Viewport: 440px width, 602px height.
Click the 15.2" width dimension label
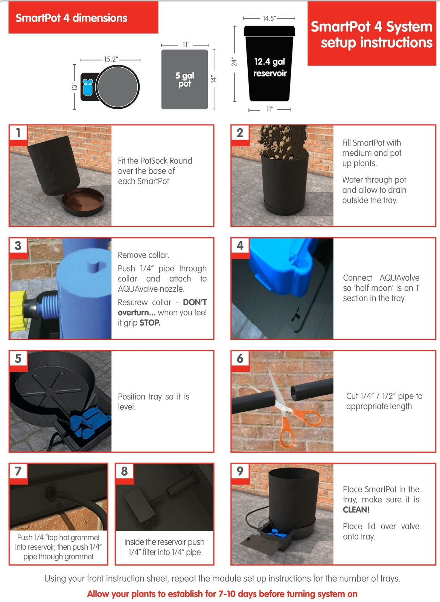click(x=111, y=59)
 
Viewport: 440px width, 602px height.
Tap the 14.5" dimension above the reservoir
click(x=269, y=18)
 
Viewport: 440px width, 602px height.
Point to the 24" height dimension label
click(x=234, y=62)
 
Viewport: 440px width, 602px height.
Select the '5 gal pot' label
click(x=185, y=79)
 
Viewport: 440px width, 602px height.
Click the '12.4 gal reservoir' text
click(x=270, y=67)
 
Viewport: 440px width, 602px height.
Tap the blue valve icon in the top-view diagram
click(x=88, y=87)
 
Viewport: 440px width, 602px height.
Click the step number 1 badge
click(x=18, y=133)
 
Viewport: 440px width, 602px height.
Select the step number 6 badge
click(x=240, y=358)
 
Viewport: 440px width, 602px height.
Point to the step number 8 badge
click(x=125, y=471)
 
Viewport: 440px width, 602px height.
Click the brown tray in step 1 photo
click(x=83, y=202)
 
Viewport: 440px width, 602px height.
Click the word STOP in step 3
click(x=150, y=322)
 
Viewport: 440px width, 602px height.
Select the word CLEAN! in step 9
click(x=356, y=509)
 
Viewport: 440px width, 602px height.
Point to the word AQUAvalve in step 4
click(x=399, y=278)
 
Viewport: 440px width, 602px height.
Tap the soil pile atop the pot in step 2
click(x=283, y=141)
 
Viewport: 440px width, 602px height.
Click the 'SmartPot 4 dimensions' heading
click(x=71, y=18)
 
